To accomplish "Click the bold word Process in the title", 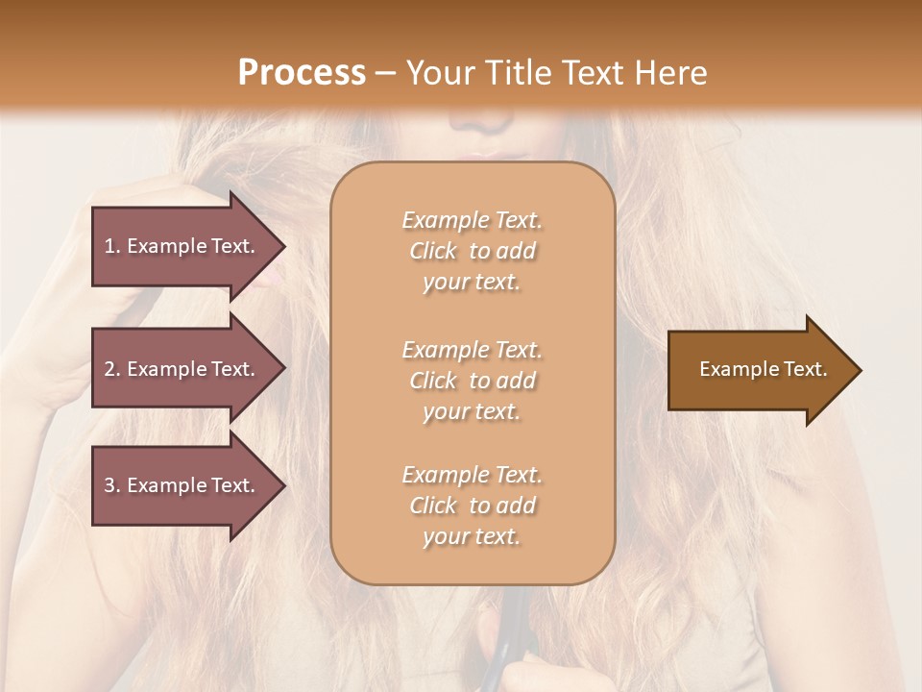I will pos(302,73).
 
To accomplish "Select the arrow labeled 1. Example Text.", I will pos(182,246).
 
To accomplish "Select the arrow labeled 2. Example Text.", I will pos(182,369).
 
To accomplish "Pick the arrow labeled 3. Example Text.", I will pos(182,485).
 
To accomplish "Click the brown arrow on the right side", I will pos(759,370).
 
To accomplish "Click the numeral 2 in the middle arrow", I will pos(109,369).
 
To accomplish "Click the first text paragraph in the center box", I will pos(472,251).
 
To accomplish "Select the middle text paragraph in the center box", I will pos(472,381).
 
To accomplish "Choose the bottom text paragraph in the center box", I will pos(472,506).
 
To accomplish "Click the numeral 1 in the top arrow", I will pos(109,246).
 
